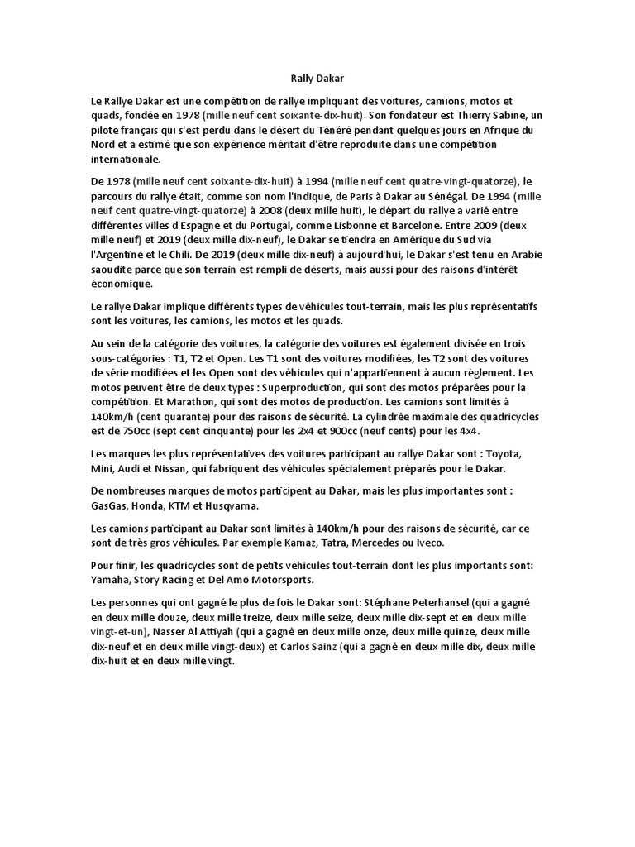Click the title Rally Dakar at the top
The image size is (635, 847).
(x=317, y=78)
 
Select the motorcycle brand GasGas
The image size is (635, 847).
(x=112, y=505)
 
